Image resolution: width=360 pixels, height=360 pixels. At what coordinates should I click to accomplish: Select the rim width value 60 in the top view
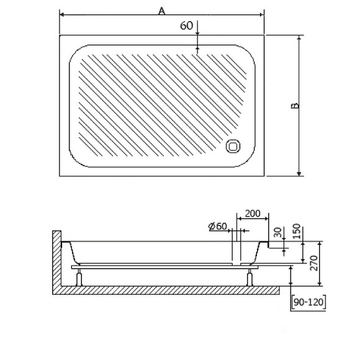coord(186,25)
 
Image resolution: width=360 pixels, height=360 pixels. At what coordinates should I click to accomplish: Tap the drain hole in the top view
coord(234,146)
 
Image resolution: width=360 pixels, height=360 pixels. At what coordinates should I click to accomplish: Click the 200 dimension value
coord(253,214)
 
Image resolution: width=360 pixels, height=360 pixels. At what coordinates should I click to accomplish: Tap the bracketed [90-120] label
coord(308,302)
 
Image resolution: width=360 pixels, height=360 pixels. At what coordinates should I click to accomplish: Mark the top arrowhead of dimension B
coord(300,38)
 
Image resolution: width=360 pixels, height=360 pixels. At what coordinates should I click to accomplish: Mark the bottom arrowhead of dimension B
coord(300,173)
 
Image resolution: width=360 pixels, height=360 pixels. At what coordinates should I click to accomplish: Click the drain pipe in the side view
coord(236,248)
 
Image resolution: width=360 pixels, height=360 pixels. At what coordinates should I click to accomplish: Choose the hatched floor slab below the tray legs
coord(174,290)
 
